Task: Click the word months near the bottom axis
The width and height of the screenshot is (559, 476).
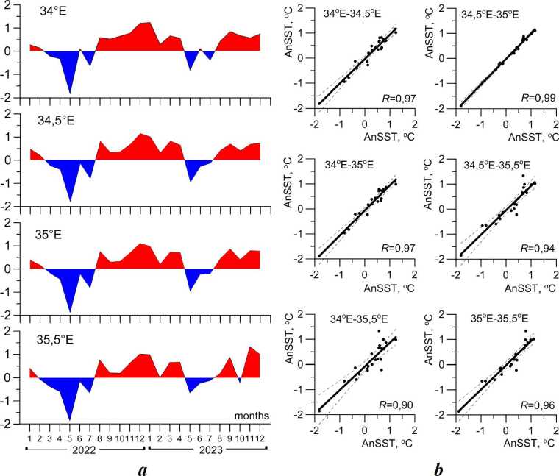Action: (251, 415)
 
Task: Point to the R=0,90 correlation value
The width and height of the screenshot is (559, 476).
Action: (381, 405)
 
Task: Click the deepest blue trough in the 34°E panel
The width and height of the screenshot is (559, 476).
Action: (70, 93)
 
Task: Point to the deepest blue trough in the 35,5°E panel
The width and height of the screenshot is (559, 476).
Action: (70, 419)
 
